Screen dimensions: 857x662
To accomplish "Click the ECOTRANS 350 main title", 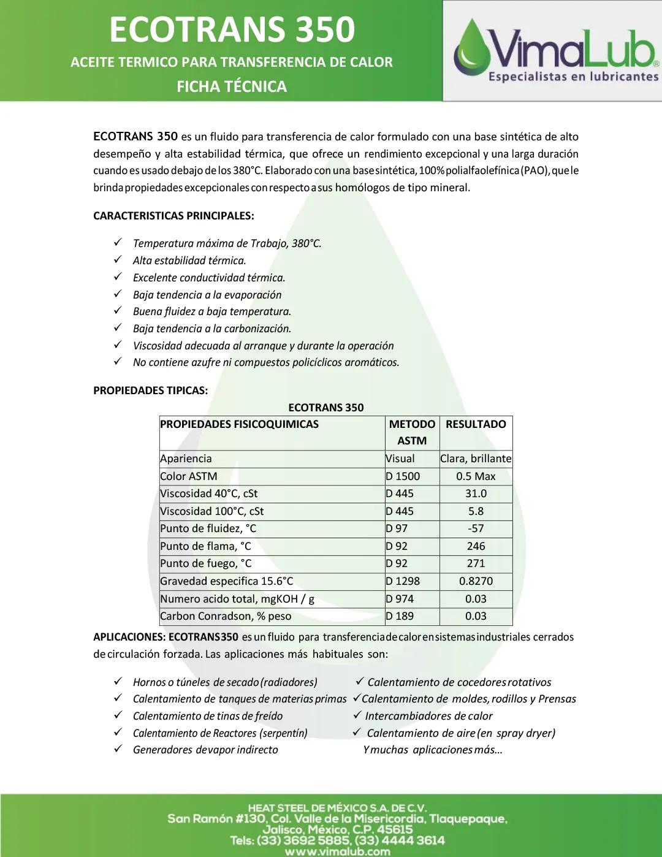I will (232, 29).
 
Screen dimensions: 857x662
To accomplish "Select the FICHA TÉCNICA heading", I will (232, 86).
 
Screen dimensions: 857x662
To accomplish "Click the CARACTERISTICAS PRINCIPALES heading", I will (173, 216).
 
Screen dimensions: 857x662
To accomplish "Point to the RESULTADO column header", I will (476, 424).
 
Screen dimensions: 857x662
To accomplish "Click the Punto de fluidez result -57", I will (476, 528).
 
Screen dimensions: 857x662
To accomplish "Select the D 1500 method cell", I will (403, 476).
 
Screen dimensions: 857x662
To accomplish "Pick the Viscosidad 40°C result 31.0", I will (476, 493).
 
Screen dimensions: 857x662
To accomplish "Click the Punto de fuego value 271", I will (476, 563).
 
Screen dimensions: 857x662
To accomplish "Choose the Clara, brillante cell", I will (476, 459).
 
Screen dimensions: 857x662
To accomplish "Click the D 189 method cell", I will (400, 616).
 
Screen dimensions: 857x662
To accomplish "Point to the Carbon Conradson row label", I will (226, 616).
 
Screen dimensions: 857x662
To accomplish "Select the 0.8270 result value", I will (476, 581).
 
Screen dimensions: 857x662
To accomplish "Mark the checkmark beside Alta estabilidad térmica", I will (118, 260).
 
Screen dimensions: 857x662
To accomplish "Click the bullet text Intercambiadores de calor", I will (428, 716).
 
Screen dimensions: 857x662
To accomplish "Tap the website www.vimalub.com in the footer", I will (337, 851).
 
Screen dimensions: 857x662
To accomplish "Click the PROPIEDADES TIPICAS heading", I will (150, 390).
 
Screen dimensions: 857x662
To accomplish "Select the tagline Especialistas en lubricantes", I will (573, 77).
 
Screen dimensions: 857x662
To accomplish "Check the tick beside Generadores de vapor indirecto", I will (118, 749).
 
